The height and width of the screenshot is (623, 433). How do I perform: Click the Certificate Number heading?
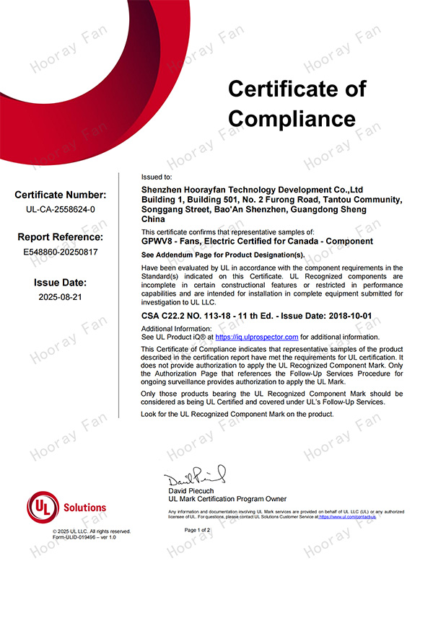(x=61, y=195)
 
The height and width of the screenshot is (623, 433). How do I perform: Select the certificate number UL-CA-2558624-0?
(x=61, y=209)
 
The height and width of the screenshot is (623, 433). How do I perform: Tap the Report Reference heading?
(x=61, y=237)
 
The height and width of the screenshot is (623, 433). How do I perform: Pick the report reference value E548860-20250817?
(x=61, y=252)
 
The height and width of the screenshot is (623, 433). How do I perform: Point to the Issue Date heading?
(x=61, y=282)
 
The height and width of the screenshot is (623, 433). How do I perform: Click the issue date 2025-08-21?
(x=61, y=296)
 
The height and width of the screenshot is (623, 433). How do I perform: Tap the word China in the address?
(x=154, y=218)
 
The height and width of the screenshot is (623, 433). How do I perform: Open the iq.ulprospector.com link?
(x=257, y=337)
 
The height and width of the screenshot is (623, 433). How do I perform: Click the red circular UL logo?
(x=43, y=508)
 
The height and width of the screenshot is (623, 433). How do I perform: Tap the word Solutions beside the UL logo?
(x=84, y=508)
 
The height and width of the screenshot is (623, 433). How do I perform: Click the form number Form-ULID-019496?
(x=79, y=537)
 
